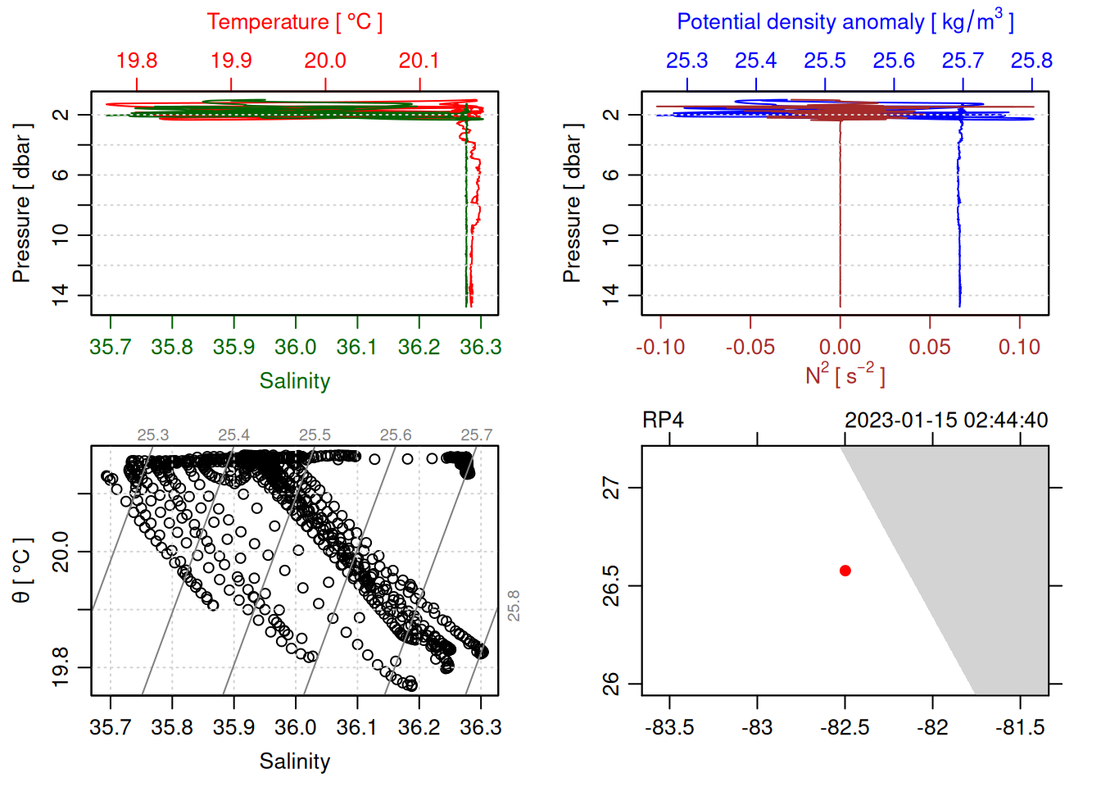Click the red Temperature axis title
tap(294, 22)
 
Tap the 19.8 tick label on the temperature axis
tap(136, 61)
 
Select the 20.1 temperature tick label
tap(419, 61)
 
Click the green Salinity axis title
tap(294, 381)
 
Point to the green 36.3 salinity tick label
tap(480, 347)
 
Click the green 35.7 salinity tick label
tap(111, 347)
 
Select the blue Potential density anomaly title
tap(845, 21)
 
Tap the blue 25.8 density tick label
tap(1031, 61)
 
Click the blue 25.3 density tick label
tap(686, 61)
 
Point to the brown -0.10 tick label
tap(660, 347)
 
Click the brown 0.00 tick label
tap(840, 347)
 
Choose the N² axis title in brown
tap(845, 375)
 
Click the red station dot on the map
tap(845, 571)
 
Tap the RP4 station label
tap(663, 421)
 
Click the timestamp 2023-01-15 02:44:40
tap(946, 421)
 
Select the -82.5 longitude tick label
tap(845, 727)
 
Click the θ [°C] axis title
tap(22, 571)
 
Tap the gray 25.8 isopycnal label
tap(514, 606)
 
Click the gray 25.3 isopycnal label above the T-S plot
tap(153, 435)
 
